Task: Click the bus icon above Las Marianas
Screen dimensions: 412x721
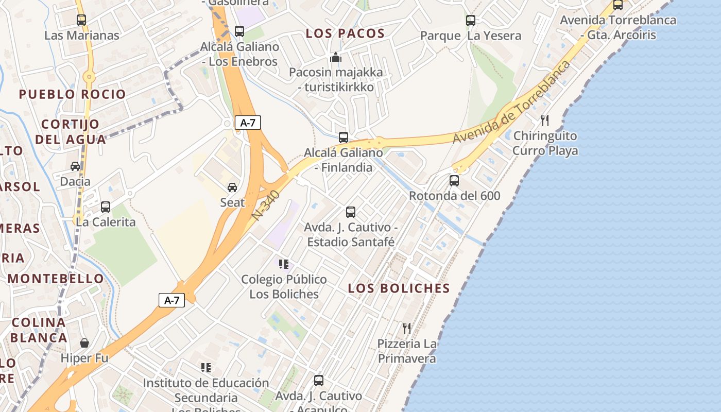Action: tap(81, 20)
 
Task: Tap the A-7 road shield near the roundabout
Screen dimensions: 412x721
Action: tap(248, 123)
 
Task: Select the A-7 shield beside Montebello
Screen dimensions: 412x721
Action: tap(171, 300)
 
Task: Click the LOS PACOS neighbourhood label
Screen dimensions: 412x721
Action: tap(346, 33)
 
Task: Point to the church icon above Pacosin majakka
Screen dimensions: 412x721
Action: tap(336, 57)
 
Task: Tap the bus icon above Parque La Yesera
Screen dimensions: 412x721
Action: tap(471, 21)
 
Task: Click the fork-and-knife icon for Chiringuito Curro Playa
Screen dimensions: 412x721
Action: tap(545, 121)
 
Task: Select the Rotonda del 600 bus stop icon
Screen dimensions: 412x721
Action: tap(454, 181)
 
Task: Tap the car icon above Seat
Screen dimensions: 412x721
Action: tap(232, 187)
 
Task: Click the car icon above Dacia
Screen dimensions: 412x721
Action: tap(75, 166)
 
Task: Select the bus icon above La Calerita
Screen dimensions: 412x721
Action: tap(106, 207)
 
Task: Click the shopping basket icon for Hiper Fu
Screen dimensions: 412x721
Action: tap(84, 343)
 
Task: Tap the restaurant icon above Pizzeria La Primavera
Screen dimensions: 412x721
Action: tap(407, 328)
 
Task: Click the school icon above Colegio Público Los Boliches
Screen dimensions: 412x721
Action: tap(284, 264)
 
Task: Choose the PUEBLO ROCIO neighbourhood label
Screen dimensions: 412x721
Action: tap(73, 94)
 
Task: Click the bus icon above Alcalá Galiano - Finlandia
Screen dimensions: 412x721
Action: tap(344, 138)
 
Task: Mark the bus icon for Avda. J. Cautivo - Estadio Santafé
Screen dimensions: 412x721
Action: tap(351, 212)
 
